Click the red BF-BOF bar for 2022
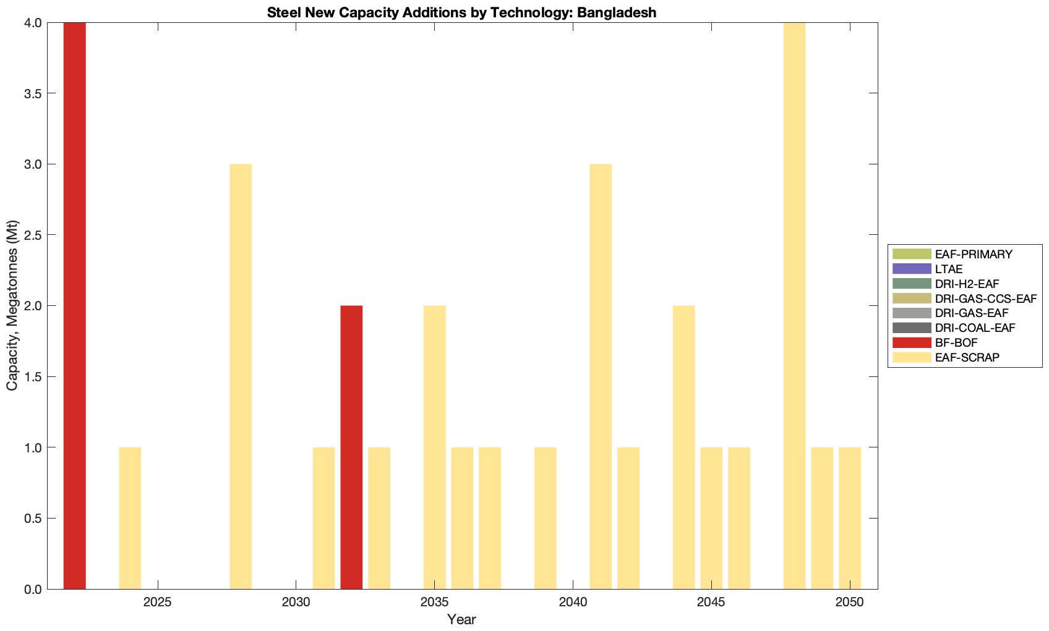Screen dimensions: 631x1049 point(74,305)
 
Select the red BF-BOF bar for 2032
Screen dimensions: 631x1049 point(351,447)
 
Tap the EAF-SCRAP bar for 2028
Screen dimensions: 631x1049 point(241,376)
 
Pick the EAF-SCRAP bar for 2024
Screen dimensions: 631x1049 point(130,517)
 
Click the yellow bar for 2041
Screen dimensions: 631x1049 point(601,376)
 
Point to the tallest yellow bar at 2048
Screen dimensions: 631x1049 point(794,305)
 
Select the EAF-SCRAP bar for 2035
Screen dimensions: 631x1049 point(434,447)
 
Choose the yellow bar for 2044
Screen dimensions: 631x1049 point(683,447)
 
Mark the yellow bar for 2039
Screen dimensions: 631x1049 point(545,517)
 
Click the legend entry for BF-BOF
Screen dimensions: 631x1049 point(956,342)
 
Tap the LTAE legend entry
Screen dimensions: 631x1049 point(949,269)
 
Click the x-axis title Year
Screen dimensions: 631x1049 point(461,619)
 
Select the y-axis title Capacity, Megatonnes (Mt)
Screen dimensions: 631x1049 point(12,305)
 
